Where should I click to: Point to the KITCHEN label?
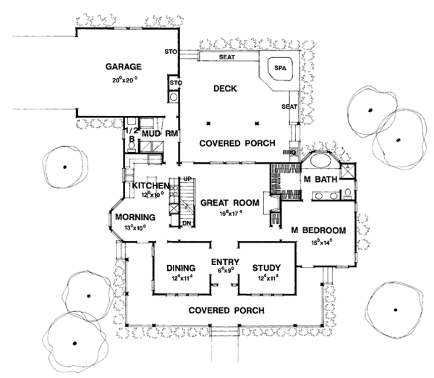click(x=150, y=186)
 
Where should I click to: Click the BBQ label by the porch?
click(x=292, y=153)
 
